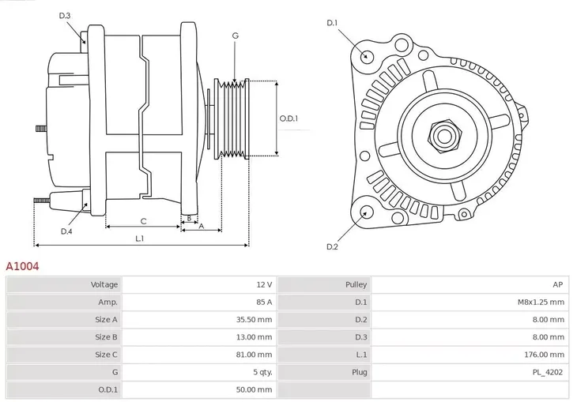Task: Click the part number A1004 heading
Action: pos(22,267)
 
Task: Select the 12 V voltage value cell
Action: pos(263,284)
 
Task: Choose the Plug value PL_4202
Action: pos(548,372)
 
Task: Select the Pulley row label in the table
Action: pos(355,284)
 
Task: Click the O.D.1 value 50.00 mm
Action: pos(254,389)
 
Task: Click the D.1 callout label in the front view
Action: pos(332,23)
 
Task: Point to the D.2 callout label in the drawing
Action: pos(332,247)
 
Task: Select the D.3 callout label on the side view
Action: pos(65,16)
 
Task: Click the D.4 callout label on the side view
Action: pos(66,231)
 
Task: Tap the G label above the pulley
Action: pos(235,36)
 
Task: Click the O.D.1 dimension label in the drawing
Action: pos(289,118)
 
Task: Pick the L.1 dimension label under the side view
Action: pos(139,239)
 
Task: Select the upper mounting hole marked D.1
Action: pos(366,56)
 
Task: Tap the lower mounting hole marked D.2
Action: pos(366,211)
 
